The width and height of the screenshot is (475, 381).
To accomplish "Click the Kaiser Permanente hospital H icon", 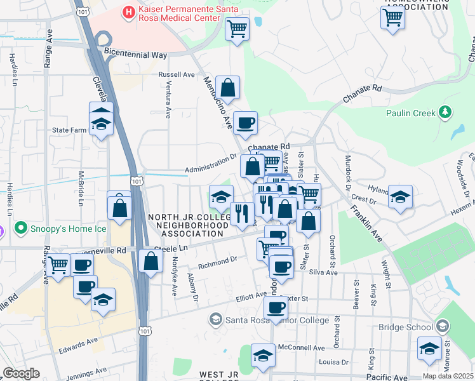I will (130, 11).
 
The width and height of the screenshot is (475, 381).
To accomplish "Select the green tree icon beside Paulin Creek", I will (446, 113).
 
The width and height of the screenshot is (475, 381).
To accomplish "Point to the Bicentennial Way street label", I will (135, 55).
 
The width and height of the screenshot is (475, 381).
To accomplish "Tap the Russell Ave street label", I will (180, 74).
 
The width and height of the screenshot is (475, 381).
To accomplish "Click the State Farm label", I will (69, 130).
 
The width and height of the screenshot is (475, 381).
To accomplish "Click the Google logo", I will (21, 373).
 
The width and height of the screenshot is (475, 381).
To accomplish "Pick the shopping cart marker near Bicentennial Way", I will (237, 29).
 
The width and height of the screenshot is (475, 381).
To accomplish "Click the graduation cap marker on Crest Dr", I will (400, 197).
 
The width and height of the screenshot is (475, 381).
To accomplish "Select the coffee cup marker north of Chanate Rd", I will (245, 123).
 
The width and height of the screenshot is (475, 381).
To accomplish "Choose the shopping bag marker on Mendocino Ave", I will (227, 88).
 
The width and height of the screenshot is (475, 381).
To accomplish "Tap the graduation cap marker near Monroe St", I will (429, 350).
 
